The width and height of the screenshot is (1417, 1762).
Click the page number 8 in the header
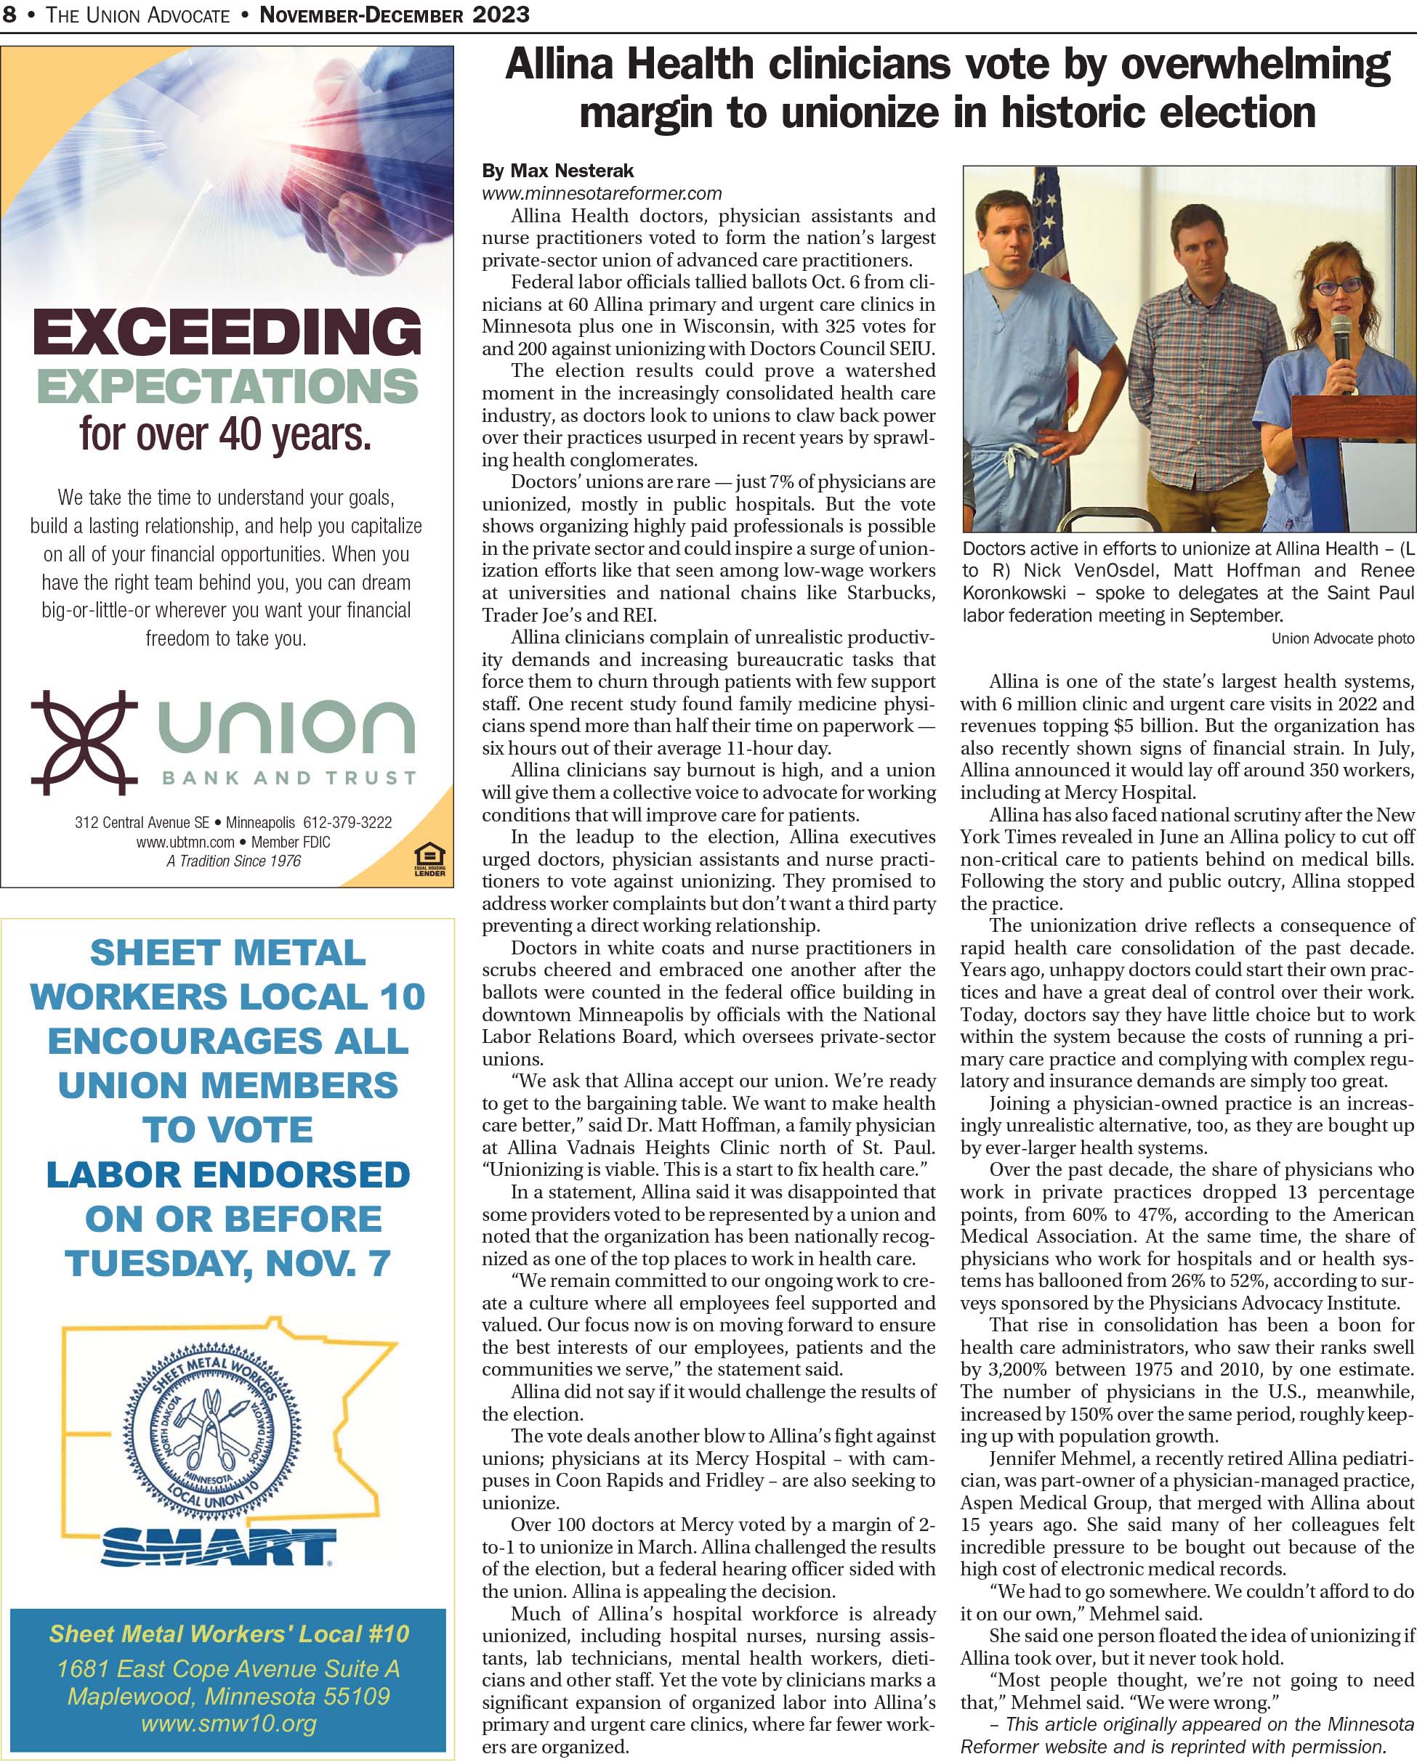pyautogui.click(x=10, y=14)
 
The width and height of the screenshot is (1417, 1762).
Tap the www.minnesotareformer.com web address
pyautogui.click(x=601, y=194)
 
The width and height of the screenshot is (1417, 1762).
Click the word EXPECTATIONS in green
pyautogui.click(x=227, y=386)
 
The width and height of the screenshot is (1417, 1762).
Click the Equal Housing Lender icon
pyautogui.click(x=429, y=860)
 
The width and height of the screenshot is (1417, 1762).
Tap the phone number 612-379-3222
pyautogui.click(x=347, y=822)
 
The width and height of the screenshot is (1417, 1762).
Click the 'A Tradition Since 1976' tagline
pyautogui.click(x=233, y=861)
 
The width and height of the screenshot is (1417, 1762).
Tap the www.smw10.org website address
pyautogui.click(x=228, y=1724)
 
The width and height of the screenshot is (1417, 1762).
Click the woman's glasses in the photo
pyautogui.click(x=1338, y=287)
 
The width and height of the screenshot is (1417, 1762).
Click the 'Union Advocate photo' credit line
pyautogui.click(x=1341, y=638)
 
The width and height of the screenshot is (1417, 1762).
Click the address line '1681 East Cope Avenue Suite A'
pyautogui.click(x=228, y=1669)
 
